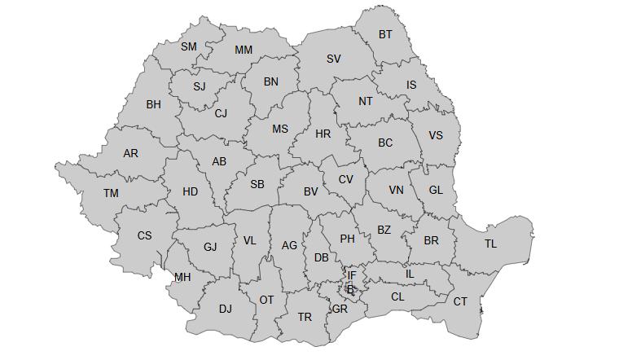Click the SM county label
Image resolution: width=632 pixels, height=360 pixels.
[x=189, y=46]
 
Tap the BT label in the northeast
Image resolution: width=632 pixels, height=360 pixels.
[x=385, y=34]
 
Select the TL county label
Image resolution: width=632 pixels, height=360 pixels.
[x=490, y=244]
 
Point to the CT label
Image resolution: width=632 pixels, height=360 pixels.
[x=461, y=301]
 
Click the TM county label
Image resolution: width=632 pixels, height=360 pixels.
[x=111, y=193]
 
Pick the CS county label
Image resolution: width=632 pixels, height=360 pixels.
[x=144, y=235]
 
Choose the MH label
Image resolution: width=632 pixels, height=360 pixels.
[x=182, y=277]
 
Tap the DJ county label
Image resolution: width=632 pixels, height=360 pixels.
[x=226, y=309]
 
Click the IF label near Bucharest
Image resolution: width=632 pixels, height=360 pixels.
[x=352, y=275]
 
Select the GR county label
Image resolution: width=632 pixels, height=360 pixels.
[x=340, y=309]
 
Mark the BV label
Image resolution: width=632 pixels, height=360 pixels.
[x=310, y=191]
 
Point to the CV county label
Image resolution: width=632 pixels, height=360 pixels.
[x=346, y=179]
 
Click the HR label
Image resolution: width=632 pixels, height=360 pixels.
[x=323, y=134]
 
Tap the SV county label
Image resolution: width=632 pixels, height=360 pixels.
[x=334, y=59]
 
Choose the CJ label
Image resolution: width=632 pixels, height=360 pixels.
[x=221, y=113]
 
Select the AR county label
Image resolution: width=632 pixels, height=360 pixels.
[x=130, y=153]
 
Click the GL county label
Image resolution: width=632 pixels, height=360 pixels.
[x=436, y=190]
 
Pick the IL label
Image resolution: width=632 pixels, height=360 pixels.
[x=410, y=274]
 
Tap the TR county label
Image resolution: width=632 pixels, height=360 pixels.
[x=305, y=317]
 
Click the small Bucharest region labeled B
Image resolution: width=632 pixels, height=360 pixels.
[x=351, y=289]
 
